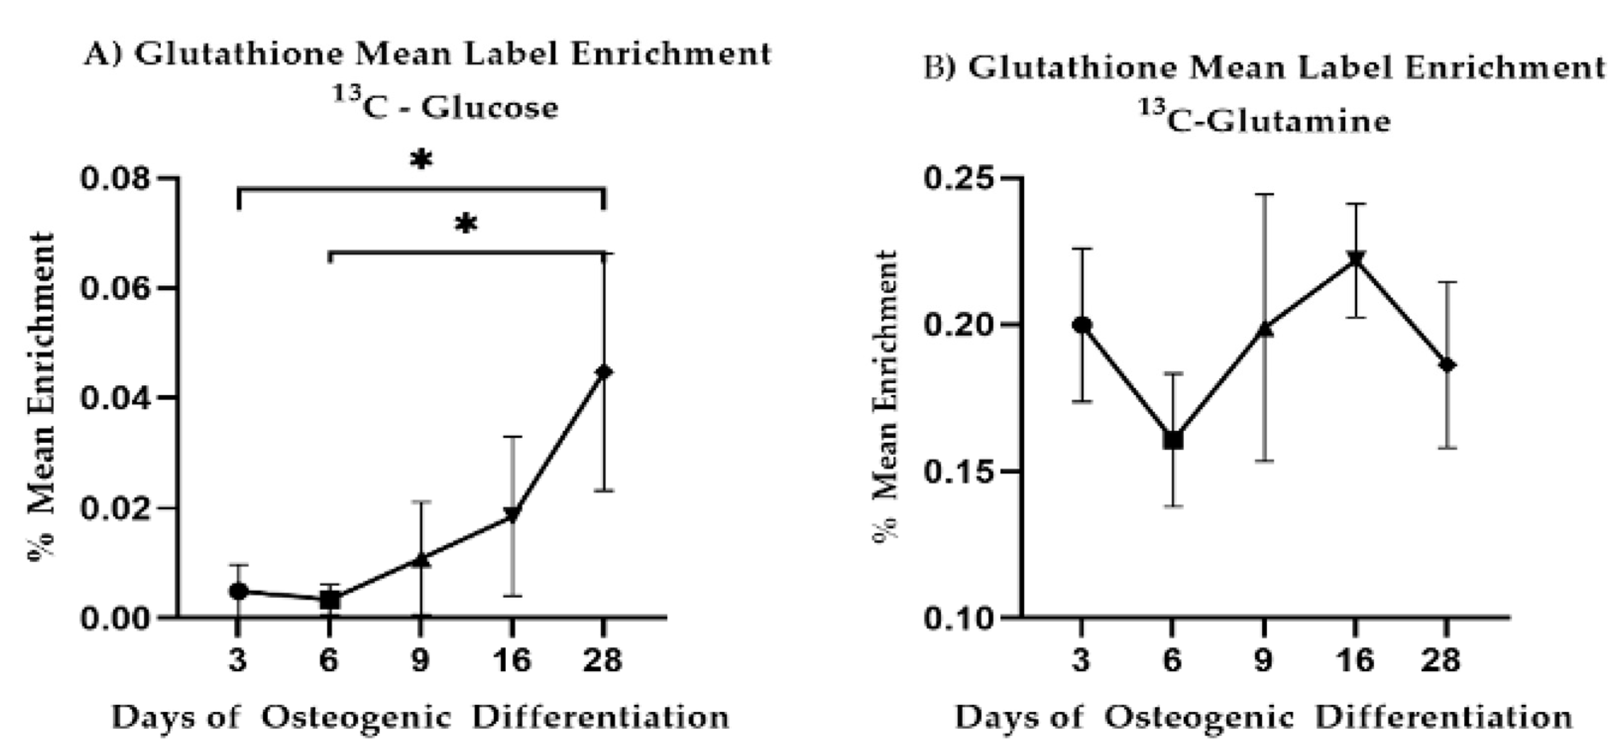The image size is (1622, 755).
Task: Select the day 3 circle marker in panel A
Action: tap(238, 591)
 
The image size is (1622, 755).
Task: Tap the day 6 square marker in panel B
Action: tap(1173, 440)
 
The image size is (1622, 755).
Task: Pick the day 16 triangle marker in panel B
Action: tap(1356, 259)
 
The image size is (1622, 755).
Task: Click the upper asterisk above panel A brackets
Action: tap(421, 161)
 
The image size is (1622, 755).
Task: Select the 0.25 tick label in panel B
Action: tap(959, 178)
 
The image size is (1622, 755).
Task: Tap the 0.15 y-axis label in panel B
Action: tap(959, 471)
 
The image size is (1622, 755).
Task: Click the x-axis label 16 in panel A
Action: tap(512, 660)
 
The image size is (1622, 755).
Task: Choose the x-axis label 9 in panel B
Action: tap(1264, 660)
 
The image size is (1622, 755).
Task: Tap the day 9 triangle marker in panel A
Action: tap(421, 559)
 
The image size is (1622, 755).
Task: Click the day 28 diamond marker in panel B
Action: tap(1447, 365)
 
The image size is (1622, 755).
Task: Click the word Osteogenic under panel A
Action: tap(356, 717)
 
